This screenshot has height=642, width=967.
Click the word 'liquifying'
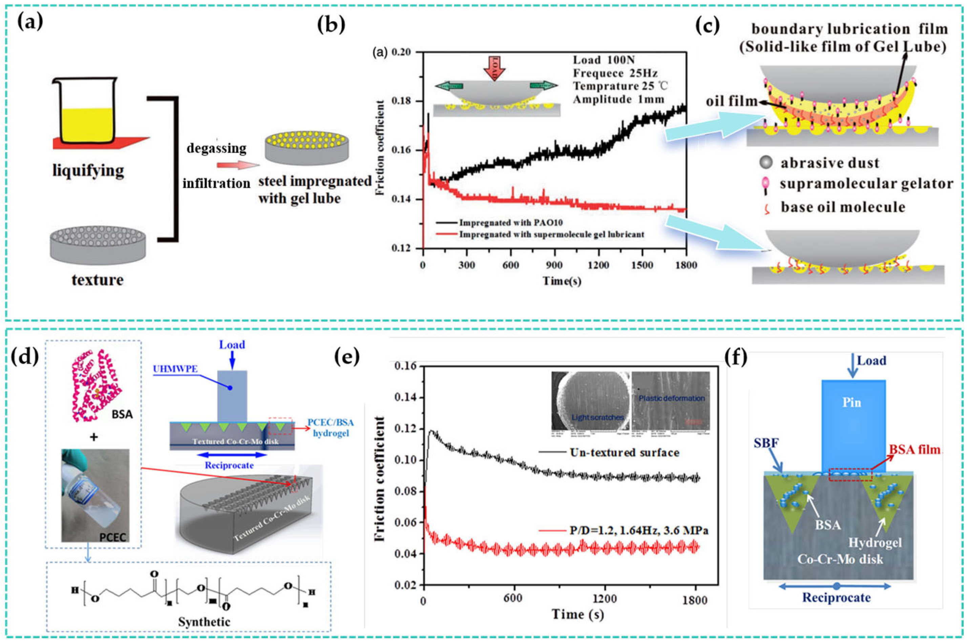click(x=88, y=170)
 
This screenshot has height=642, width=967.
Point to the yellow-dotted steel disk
click(x=307, y=147)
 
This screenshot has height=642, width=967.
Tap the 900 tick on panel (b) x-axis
click(x=554, y=265)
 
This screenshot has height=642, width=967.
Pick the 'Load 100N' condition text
click(x=603, y=60)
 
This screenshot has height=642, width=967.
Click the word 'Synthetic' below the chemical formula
click(x=204, y=622)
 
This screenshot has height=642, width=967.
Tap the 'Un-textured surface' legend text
click(x=624, y=453)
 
